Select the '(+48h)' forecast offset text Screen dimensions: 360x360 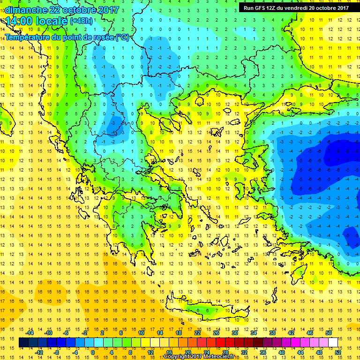click(x=81, y=21)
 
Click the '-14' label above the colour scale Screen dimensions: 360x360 click(x=30, y=333)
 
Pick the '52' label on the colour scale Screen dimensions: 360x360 click(x=338, y=352)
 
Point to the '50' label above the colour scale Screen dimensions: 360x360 click(x=329, y=333)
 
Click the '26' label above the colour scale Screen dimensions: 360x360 click(x=216, y=333)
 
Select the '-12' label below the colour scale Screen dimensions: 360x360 click(x=39, y=352)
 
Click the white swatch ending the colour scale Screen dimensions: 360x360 click(x=333, y=343)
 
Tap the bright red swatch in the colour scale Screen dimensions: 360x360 click(x=221, y=343)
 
